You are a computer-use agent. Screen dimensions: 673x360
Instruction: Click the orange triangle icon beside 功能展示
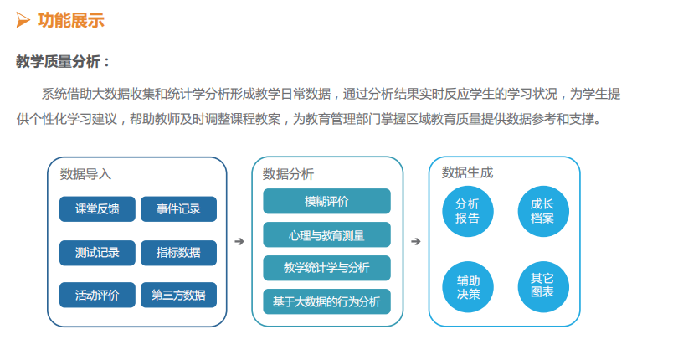23,20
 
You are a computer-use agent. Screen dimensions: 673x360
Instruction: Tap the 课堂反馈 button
97,209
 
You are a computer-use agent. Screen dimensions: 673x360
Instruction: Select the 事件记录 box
178,209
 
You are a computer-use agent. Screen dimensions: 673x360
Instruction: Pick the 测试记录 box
97,253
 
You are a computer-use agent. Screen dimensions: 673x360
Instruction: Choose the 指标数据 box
178,253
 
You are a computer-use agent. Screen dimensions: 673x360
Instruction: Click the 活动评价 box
97,295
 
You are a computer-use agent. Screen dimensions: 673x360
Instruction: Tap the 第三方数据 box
178,295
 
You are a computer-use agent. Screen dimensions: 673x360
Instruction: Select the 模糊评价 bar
326,201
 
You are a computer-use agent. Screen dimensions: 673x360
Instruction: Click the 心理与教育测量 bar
326,234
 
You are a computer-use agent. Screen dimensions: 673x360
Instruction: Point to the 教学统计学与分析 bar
326,268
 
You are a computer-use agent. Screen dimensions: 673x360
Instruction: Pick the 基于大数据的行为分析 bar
326,301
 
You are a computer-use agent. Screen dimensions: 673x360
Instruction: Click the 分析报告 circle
468,211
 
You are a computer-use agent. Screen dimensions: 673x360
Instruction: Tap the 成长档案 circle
543,211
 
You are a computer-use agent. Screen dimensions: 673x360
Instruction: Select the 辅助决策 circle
468,286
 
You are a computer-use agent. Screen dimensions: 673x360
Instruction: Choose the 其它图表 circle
543,286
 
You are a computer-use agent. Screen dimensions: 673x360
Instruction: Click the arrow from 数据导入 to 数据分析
239,242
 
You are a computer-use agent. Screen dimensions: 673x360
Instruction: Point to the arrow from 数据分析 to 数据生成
416,242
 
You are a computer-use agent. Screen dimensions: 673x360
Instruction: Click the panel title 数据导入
86,174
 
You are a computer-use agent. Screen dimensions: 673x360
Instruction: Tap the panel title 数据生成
467,172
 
